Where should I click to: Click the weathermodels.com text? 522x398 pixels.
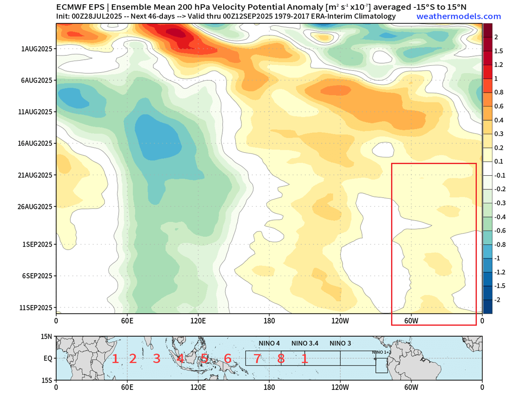click(x=458, y=16)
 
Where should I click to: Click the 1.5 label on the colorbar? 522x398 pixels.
click(x=499, y=51)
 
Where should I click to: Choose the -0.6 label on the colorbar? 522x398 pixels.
click(x=500, y=231)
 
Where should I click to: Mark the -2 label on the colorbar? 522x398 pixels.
click(x=498, y=300)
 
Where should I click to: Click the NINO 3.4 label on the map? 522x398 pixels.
click(x=305, y=343)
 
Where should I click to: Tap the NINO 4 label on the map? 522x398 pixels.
click(x=269, y=343)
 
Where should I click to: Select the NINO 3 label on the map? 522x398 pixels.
click(x=340, y=343)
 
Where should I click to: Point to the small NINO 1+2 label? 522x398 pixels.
click(x=382, y=353)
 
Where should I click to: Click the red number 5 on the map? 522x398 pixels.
click(x=204, y=359)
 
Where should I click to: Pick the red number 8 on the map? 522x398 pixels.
click(x=281, y=359)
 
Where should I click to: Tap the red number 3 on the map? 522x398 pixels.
click(x=156, y=359)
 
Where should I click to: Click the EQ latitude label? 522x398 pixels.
click(x=48, y=359)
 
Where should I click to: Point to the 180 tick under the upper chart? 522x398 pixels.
click(x=269, y=321)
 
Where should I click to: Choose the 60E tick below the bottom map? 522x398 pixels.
click(x=127, y=388)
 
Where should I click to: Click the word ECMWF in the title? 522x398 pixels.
click(x=71, y=7)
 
